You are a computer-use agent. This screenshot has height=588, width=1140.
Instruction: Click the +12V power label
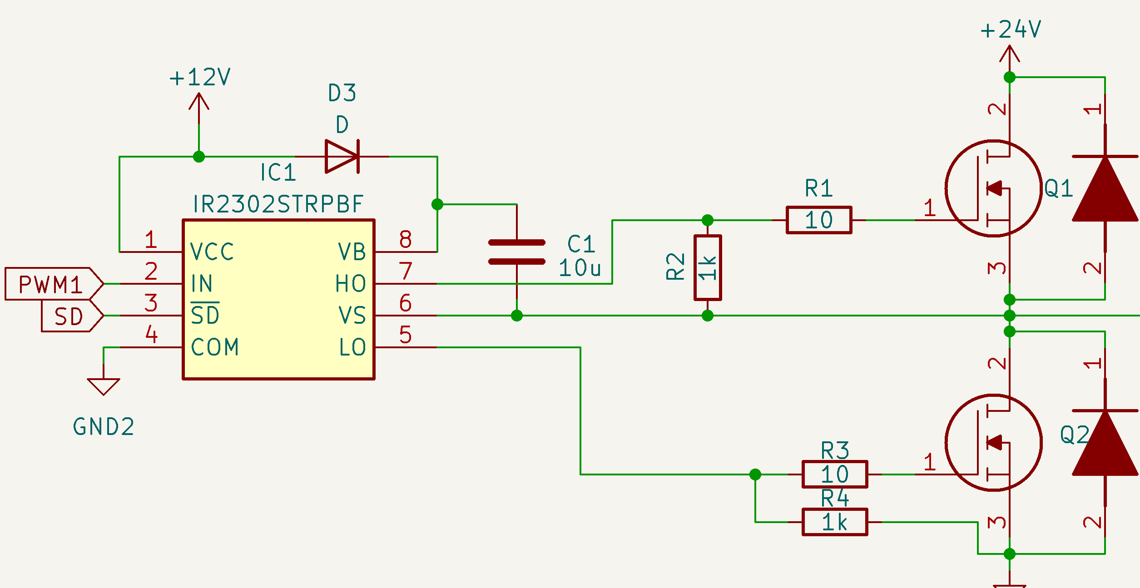pos(200,77)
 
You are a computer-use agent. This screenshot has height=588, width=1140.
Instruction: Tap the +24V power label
pos(1011,30)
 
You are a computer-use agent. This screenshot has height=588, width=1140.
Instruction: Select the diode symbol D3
pos(342,157)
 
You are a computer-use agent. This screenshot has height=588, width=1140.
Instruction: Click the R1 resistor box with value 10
pos(818,220)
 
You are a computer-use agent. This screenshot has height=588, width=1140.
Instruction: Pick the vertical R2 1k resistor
pos(707,268)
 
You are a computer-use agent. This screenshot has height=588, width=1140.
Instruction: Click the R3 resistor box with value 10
pos(834,474)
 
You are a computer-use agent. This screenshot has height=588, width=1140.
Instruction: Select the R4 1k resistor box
pos(834,522)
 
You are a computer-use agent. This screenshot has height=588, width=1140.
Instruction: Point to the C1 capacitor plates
pos(516,252)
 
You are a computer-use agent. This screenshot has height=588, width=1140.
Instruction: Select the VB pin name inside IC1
pos(352,252)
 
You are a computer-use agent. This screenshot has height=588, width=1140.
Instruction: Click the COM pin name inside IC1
pos(215,347)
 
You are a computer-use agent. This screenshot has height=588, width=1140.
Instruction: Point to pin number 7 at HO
pos(405,271)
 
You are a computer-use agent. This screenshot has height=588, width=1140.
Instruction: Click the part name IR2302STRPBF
pos(278,204)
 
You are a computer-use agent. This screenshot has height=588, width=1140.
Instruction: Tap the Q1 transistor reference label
pos(1059,188)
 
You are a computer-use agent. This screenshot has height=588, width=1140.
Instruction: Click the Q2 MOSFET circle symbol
pos(993,443)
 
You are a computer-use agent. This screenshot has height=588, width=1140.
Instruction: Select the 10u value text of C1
pos(580,268)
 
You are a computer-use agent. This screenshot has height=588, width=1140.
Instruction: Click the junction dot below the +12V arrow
pos(199,157)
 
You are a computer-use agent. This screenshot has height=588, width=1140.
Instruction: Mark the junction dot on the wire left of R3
pos(755,474)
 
